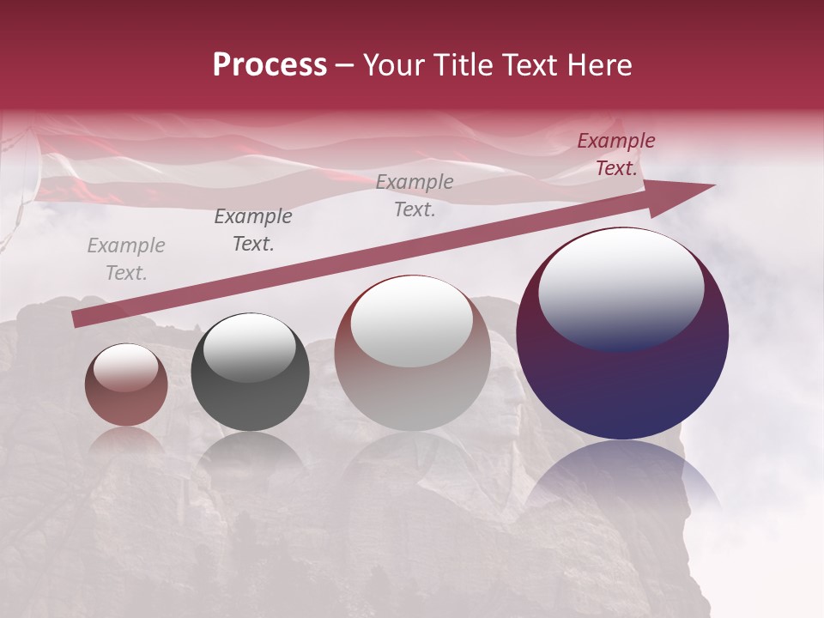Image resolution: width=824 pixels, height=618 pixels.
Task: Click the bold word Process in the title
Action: click(x=270, y=65)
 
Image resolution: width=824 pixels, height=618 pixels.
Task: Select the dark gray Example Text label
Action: click(x=252, y=230)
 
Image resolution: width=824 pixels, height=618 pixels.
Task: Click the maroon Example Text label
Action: click(x=616, y=154)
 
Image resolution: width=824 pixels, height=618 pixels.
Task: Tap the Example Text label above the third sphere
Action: click(x=415, y=196)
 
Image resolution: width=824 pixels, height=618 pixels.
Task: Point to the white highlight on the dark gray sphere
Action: click(x=249, y=346)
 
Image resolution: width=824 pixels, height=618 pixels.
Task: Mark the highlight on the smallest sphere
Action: click(x=126, y=368)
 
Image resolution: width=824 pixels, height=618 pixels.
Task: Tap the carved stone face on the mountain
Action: click(x=510, y=403)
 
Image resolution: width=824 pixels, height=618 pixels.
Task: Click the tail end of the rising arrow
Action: click(x=77, y=319)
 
